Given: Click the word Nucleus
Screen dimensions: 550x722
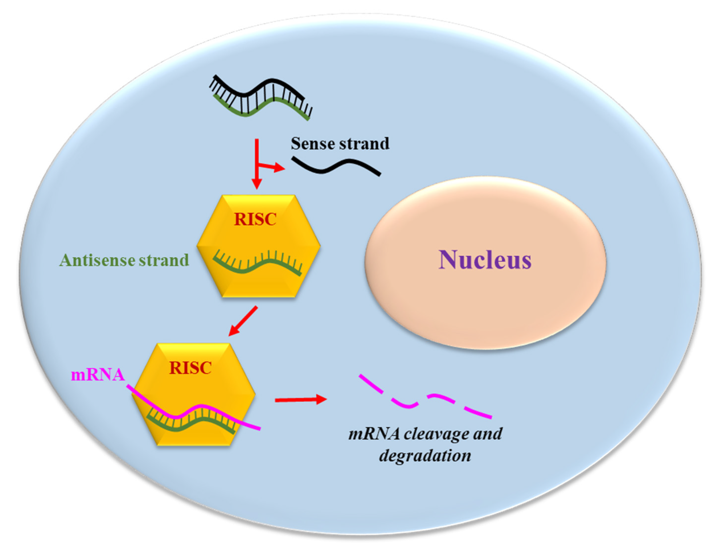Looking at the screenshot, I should [x=485, y=260].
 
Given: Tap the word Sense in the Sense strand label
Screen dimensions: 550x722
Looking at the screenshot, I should [x=311, y=144].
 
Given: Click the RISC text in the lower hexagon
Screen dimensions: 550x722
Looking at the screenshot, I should [x=190, y=368].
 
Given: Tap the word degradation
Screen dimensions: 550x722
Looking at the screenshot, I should [x=425, y=455].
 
